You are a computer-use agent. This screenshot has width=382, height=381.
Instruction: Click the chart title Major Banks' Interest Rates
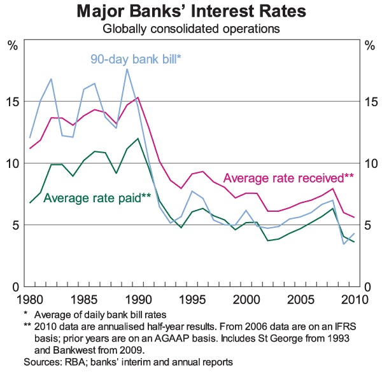[x=192, y=11]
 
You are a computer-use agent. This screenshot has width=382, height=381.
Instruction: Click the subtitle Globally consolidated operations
[x=192, y=28]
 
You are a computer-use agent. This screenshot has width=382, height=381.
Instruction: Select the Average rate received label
[x=288, y=177]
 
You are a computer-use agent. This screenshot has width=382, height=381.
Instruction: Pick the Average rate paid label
[x=97, y=197]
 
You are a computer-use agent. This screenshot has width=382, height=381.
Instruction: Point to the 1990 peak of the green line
[x=138, y=138]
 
